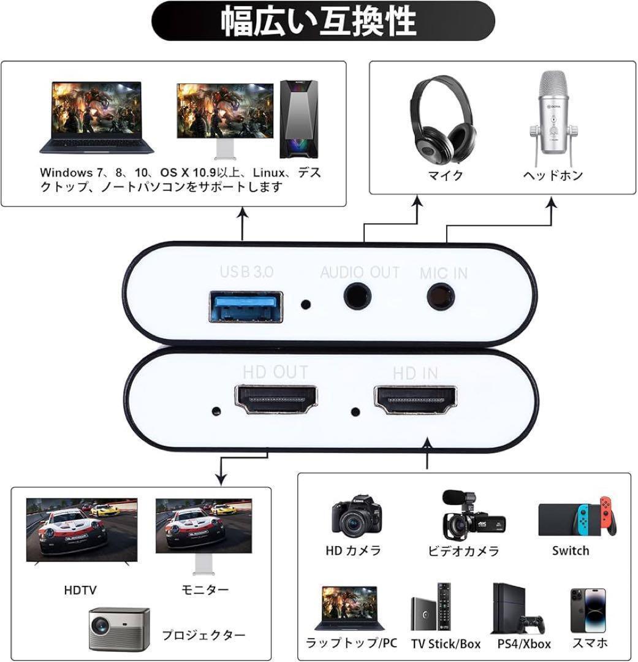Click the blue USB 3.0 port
click(246, 307)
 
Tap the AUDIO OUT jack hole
click(358, 296)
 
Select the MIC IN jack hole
click(441, 296)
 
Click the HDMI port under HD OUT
click(275, 400)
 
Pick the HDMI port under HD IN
click(416, 400)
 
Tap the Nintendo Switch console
click(577, 517)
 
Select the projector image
click(120, 629)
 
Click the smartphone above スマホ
click(588, 610)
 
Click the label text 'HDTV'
click(80, 590)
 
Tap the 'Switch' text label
click(571, 550)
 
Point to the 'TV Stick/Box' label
click(446, 644)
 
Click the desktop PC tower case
click(299, 120)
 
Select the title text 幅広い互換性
click(319, 21)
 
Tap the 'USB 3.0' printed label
click(246, 272)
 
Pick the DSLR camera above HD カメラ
click(357, 514)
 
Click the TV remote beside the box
click(444, 607)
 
